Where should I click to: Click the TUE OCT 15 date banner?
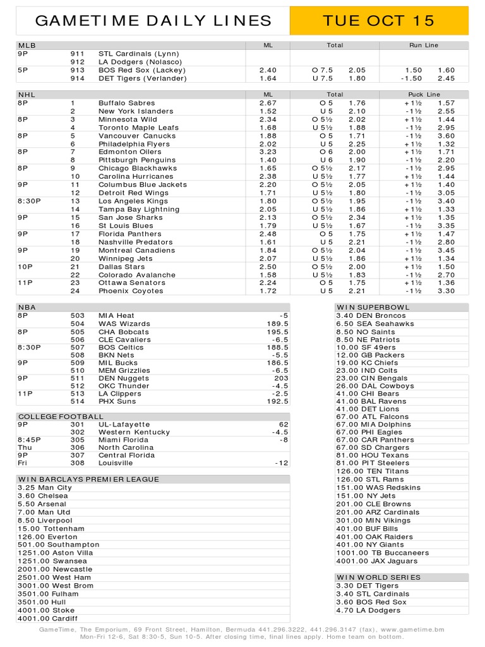pos(378,21)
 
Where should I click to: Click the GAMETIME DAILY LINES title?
pos(153,21)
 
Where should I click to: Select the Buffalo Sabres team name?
pos(126,103)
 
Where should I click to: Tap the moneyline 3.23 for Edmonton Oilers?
pos(268,152)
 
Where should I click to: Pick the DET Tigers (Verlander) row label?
pos(143,78)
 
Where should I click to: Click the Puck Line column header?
pos(424,94)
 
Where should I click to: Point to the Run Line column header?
pos(424,45)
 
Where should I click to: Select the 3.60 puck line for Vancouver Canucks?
pos(446,136)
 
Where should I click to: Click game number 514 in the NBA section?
pos(78,401)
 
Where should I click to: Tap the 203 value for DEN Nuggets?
pos(281,378)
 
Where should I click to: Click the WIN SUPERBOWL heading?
pos(373,307)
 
